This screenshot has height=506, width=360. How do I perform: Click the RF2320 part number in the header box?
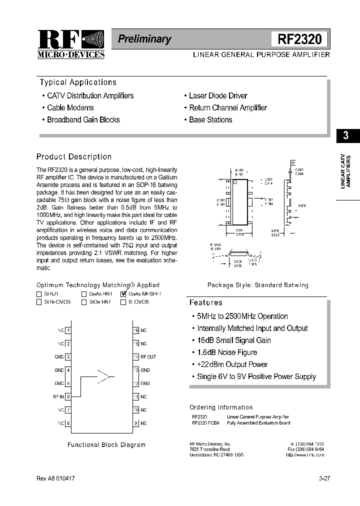(x=299, y=39)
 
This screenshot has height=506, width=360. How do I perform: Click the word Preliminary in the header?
(x=144, y=39)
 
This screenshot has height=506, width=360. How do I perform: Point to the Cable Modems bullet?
(x=70, y=107)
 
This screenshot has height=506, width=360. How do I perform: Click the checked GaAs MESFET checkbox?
(x=123, y=294)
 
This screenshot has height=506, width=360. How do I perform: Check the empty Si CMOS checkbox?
(x=123, y=302)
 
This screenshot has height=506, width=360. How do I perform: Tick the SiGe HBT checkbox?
(x=84, y=302)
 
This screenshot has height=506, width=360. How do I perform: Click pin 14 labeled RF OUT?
(x=135, y=357)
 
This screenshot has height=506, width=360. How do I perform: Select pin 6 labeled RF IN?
(x=68, y=396)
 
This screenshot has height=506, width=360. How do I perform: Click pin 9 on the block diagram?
(x=135, y=423)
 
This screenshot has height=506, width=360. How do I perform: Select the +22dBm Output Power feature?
(x=232, y=364)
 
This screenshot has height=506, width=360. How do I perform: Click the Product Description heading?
(x=74, y=156)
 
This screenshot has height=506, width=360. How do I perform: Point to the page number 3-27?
(x=324, y=478)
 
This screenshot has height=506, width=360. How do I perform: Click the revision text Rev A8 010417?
(x=56, y=478)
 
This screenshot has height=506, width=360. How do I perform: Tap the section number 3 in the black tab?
(x=345, y=135)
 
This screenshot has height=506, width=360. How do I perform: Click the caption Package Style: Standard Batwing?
(x=258, y=285)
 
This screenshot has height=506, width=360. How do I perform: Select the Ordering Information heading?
(x=221, y=407)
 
